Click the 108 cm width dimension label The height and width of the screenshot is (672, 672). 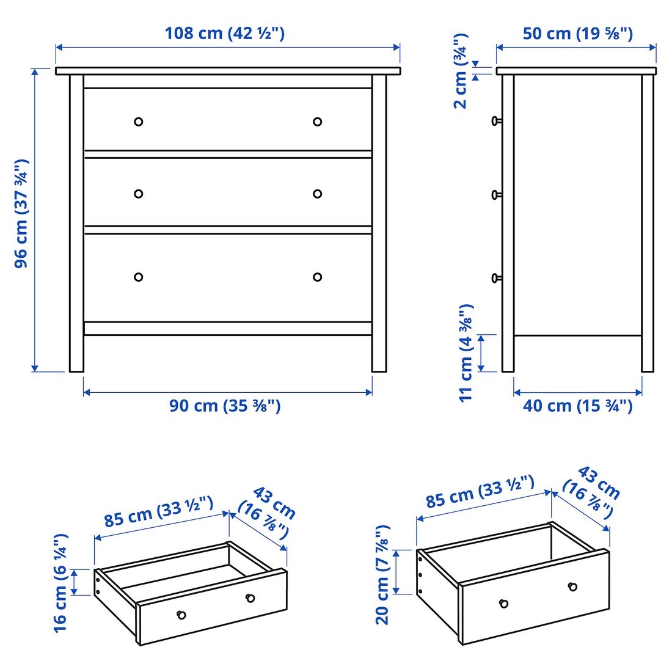click(x=224, y=33)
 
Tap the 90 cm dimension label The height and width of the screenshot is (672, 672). click(x=225, y=406)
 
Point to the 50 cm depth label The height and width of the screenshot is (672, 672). click(x=577, y=33)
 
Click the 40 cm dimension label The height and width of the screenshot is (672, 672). click(x=577, y=406)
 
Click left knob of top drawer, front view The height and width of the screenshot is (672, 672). click(x=139, y=122)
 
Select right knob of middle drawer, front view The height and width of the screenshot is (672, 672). click(x=317, y=194)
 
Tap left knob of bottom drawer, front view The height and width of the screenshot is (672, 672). click(x=139, y=277)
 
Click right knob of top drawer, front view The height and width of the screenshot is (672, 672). click(x=317, y=122)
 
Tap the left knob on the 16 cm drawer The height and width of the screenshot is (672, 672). click(x=181, y=615)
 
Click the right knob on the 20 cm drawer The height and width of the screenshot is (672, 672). click(x=572, y=586)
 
